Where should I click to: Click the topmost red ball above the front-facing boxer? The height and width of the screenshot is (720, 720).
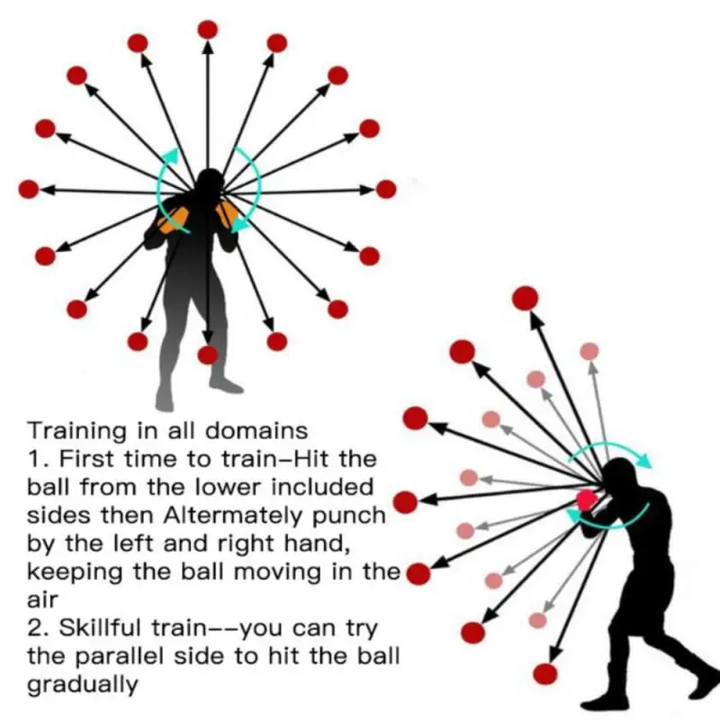207,30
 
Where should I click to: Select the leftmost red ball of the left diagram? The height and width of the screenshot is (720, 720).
29,189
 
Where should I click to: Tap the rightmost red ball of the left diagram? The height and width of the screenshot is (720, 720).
386,189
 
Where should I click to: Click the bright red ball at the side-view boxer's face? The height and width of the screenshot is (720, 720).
587,499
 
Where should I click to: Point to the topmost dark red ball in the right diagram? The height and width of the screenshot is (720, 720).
525,297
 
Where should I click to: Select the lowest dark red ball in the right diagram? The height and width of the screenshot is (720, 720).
544,673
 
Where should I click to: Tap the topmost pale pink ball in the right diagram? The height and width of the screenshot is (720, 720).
589,351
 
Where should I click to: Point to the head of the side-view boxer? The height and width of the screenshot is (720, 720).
620,477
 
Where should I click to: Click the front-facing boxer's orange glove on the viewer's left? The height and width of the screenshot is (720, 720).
168,219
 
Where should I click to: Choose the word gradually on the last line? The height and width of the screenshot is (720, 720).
83,685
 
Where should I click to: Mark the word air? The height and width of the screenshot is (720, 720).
43,599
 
